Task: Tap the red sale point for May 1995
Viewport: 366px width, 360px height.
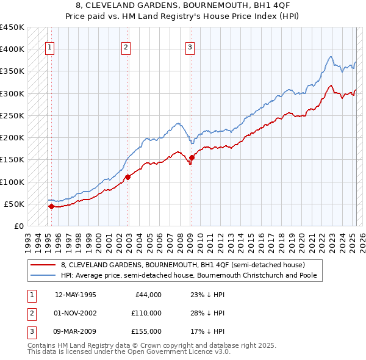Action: (51, 206)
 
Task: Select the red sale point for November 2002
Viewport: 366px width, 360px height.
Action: (128, 177)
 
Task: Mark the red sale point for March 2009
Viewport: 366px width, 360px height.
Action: (192, 157)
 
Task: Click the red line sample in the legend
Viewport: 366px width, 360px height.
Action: (43, 265)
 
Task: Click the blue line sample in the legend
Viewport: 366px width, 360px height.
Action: (43, 275)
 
